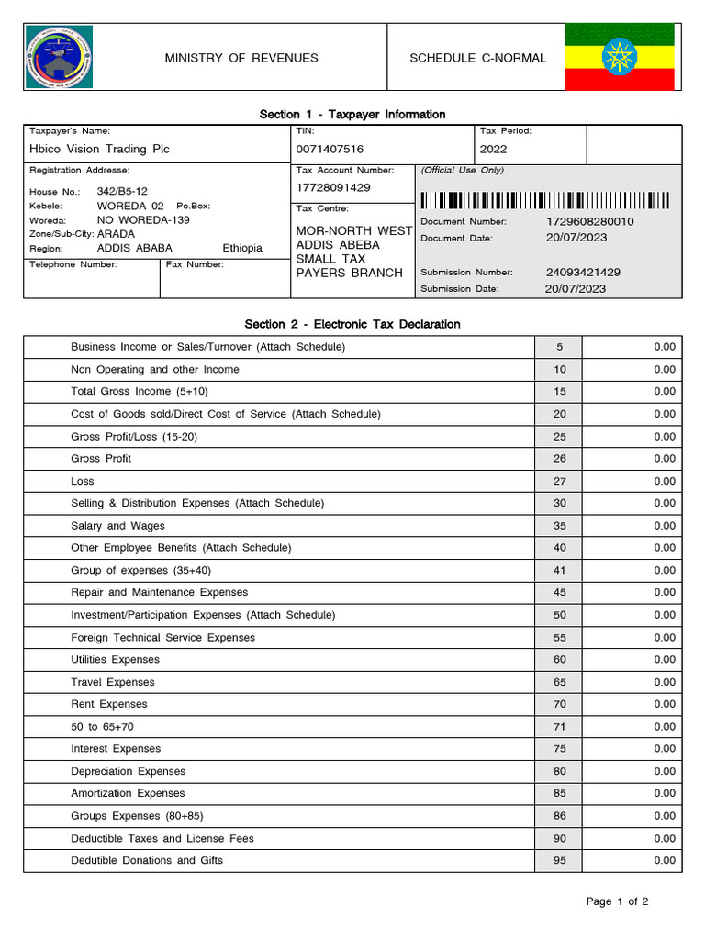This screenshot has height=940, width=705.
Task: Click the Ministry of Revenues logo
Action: [59, 58]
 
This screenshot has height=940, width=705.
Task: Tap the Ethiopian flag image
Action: [619, 57]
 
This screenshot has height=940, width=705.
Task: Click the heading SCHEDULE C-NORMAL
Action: [477, 58]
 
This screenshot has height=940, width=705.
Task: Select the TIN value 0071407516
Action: [330, 149]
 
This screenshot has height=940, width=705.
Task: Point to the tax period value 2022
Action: [493, 149]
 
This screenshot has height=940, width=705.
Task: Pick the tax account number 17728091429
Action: [333, 187]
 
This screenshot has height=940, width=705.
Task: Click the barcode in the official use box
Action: [544, 200]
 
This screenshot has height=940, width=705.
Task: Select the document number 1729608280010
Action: [589, 222]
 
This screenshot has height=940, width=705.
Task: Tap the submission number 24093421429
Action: [583, 273]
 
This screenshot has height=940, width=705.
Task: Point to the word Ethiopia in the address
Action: [242, 248]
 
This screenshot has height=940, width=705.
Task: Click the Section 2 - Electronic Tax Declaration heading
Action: [352, 324]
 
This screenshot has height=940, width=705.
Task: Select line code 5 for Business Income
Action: [559, 347]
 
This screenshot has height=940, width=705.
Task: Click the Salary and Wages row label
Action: [117, 526]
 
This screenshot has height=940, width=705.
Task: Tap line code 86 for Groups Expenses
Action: [559, 816]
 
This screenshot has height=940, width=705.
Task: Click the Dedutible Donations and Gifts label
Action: [147, 860]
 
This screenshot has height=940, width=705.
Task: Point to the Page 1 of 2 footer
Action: [617, 901]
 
